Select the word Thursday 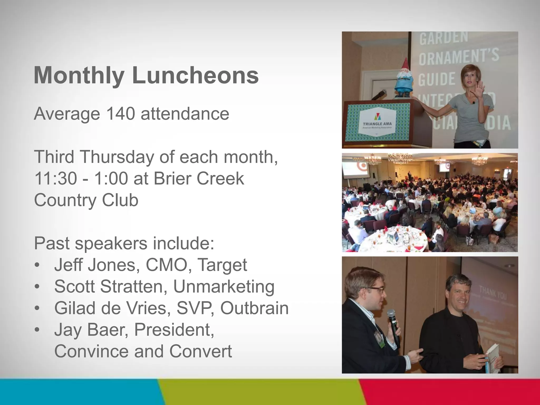point(117,157)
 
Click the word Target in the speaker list point(222,265)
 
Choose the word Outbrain point(254,308)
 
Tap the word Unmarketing point(224,287)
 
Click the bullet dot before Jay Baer point(37,330)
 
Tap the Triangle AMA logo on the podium point(377,121)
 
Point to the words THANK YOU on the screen point(493,293)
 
